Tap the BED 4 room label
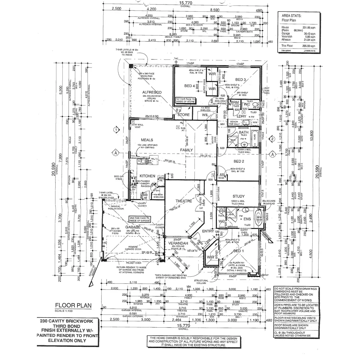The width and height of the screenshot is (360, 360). pyautogui.click(x=190, y=86)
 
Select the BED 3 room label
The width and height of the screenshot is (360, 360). pyautogui.click(x=240, y=80)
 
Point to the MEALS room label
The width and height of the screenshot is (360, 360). pyautogui.click(x=147, y=140)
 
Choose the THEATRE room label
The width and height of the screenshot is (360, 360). pyautogui.click(x=183, y=201)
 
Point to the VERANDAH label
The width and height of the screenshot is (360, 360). pyautogui.click(x=178, y=243)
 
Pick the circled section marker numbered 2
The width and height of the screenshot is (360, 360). pyautogui.click(x=271, y=139)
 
